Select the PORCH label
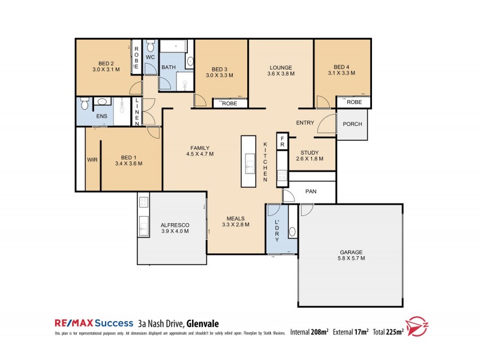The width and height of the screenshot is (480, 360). point(352,125)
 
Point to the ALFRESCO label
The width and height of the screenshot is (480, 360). point(175,228)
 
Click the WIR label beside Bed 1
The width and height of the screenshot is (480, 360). point(92,160)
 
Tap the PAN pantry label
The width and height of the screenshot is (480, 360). point(311,191)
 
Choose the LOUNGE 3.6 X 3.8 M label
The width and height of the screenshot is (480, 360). point(280,71)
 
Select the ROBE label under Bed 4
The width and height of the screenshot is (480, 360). point(354,103)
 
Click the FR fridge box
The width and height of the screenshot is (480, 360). point(281,142)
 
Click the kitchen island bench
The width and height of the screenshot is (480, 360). point(248,161)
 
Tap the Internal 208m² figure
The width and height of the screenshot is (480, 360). point(310,331)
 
